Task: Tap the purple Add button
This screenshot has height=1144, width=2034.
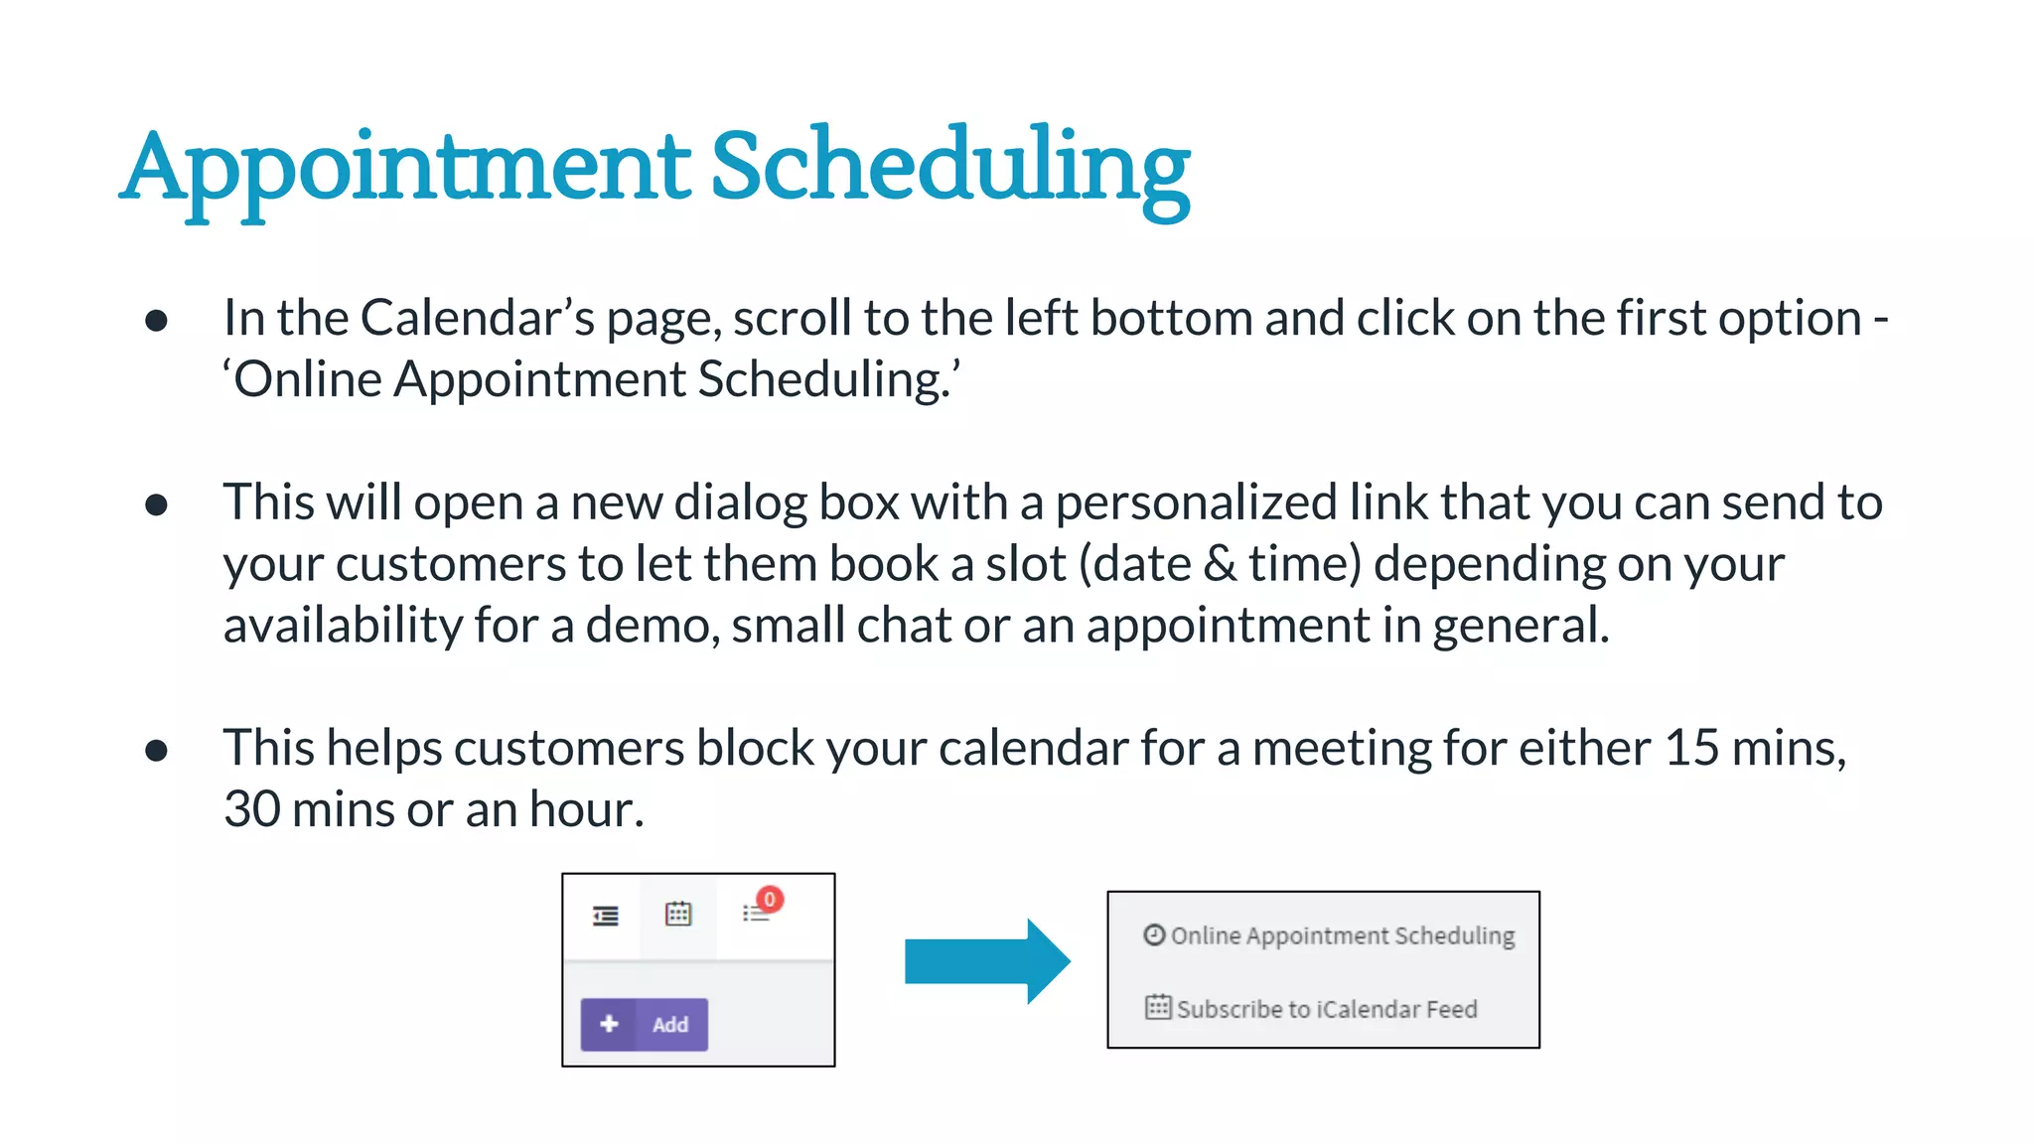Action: pyautogui.click(x=645, y=1024)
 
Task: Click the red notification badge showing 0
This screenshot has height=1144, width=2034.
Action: pyautogui.click(x=770, y=900)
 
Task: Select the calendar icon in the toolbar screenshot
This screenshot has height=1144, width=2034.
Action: pyautogui.click(x=678, y=914)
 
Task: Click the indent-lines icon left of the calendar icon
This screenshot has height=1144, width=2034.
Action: pyautogui.click(x=606, y=916)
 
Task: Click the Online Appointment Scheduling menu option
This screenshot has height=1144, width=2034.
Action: pyautogui.click(x=1341, y=935)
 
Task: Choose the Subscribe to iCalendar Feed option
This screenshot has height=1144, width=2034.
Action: pyautogui.click(x=1326, y=1009)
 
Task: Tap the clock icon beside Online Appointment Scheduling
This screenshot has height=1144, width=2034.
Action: pyautogui.click(x=1153, y=934)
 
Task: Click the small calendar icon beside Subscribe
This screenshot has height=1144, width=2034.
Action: pyautogui.click(x=1158, y=1007)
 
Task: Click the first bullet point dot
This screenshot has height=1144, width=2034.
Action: pyautogui.click(x=156, y=321)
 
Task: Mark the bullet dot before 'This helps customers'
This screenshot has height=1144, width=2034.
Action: pyautogui.click(x=156, y=751)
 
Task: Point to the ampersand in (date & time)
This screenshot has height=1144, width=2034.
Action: pyautogui.click(x=1220, y=564)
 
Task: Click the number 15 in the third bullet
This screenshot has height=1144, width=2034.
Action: pyautogui.click(x=1691, y=748)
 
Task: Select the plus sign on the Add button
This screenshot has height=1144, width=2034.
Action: pyautogui.click(x=610, y=1024)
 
